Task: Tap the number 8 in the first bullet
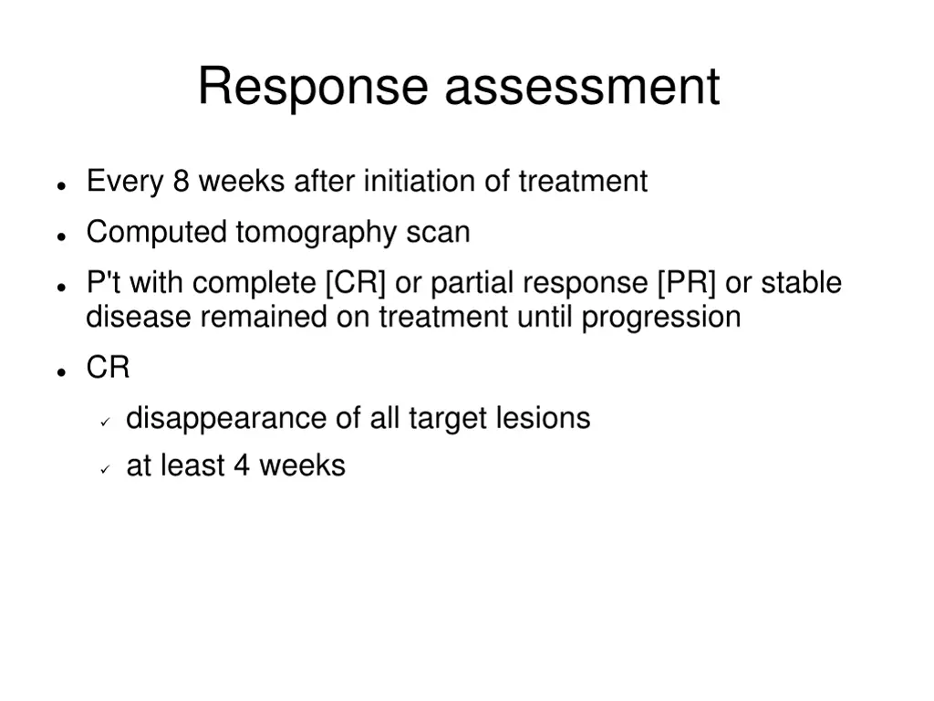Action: coord(181,182)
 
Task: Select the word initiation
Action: coord(420,182)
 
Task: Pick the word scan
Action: coord(438,233)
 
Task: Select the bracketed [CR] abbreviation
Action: coord(356,283)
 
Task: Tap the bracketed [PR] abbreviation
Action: coord(686,283)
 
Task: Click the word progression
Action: coord(660,318)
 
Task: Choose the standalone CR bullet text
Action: coord(108,368)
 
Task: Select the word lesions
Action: coord(543,418)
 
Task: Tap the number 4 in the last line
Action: coord(241,466)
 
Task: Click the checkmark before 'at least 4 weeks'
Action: coord(105,468)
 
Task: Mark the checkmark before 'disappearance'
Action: coord(105,421)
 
